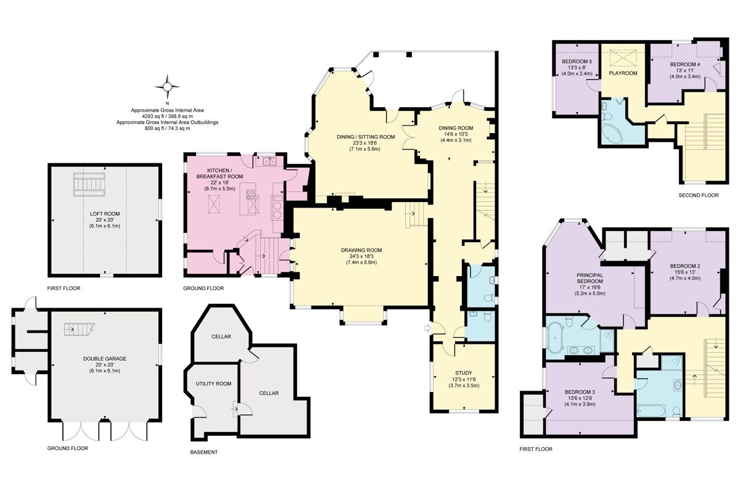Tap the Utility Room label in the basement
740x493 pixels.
click(x=213, y=383)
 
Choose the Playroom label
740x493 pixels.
click(x=622, y=73)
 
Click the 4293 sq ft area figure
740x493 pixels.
click(x=166, y=116)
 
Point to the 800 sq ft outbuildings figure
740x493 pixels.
click(x=166, y=128)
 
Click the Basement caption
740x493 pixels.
click(x=203, y=452)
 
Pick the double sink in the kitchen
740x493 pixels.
click(x=269, y=162)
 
